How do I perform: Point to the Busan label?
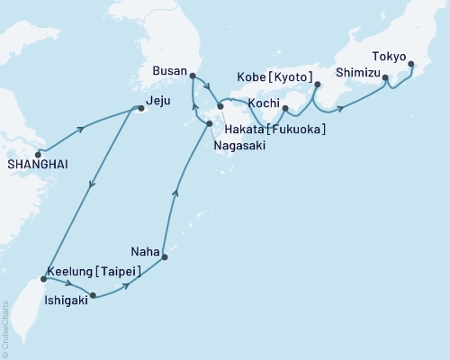tap(169, 69)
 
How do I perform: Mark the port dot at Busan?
tap(192, 76)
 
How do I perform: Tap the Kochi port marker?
tap(283, 110)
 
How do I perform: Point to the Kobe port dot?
tap(318, 85)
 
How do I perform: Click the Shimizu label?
tap(356, 71)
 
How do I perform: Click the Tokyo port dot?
tap(411, 64)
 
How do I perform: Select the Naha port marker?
tap(164, 258)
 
